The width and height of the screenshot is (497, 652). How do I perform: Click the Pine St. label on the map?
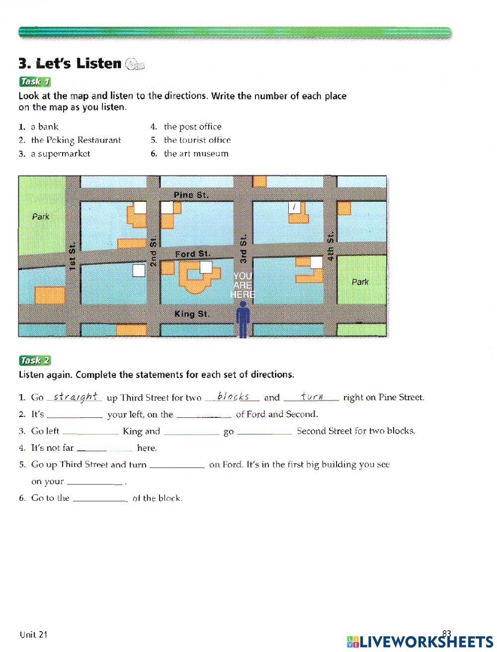pyautogui.click(x=191, y=195)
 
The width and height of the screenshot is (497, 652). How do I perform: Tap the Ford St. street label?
pyautogui.click(x=193, y=254)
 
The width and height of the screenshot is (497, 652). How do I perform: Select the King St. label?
pyautogui.click(x=192, y=314)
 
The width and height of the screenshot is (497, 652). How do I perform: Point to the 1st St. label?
pyautogui.click(x=73, y=256)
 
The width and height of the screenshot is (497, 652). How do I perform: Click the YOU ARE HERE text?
pyautogui.click(x=243, y=285)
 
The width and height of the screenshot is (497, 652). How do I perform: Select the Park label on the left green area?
pyautogui.click(x=41, y=217)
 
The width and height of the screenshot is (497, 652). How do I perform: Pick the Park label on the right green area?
pyautogui.click(x=360, y=282)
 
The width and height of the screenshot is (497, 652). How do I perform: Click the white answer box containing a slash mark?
pyautogui.click(x=295, y=207)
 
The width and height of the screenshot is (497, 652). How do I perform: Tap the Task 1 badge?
pyautogui.click(x=35, y=82)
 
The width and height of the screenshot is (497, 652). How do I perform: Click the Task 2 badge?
pyautogui.click(x=35, y=361)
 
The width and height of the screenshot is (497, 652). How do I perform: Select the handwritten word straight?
pyautogui.click(x=75, y=397)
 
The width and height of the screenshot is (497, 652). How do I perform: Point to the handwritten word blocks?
pyautogui.click(x=233, y=397)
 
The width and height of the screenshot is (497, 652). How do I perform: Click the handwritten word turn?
pyautogui.click(x=312, y=397)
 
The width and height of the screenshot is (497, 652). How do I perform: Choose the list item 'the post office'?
pyautogui.click(x=192, y=127)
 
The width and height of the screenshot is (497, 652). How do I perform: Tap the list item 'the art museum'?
pyautogui.click(x=196, y=154)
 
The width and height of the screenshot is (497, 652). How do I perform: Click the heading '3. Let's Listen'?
pyautogui.click(x=70, y=64)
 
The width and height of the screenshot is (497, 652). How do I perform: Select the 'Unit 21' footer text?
pyautogui.click(x=34, y=634)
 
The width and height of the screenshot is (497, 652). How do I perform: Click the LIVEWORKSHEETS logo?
pyautogui.click(x=420, y=642)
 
